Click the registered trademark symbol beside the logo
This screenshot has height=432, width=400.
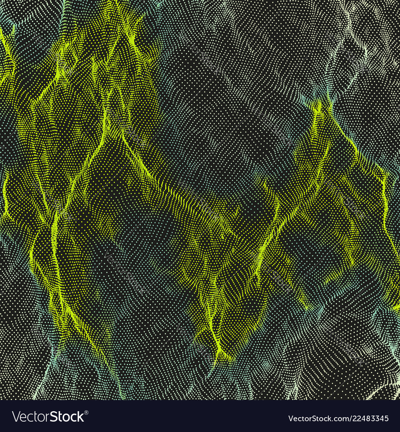coord(86,412)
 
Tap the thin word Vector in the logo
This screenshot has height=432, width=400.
coord(34,417)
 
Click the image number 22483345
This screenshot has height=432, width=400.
coord(368,419)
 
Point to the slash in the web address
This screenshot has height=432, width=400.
coord(345,419)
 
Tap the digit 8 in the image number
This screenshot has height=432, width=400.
coord(366,419)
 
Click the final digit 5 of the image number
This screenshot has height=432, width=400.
coord(386,419)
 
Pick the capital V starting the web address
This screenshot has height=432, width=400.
coord(291,419)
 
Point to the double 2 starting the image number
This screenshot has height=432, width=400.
coord(354,419)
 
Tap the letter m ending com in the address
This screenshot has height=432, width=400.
coord(340,420)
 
